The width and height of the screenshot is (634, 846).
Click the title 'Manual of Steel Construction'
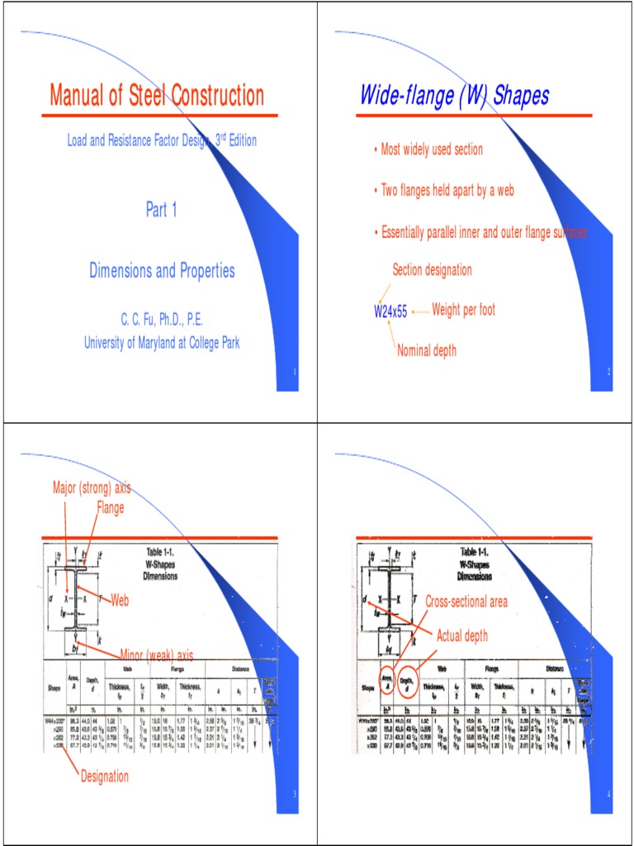[157, 96]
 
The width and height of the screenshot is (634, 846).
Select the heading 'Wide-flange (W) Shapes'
[454, 96]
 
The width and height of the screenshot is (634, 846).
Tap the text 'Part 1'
[162, 210]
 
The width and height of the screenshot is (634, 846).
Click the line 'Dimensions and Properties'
[162, 270]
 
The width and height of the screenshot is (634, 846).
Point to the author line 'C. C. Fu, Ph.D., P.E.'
[162, 319]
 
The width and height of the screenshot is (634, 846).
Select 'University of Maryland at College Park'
[162, 343]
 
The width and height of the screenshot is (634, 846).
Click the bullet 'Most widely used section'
[432, 150]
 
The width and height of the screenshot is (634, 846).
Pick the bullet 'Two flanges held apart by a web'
[447, 190]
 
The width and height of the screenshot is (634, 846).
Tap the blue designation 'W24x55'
[390, 312]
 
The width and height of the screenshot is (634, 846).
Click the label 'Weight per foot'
[463, 310]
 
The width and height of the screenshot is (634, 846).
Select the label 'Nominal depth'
[427, 350]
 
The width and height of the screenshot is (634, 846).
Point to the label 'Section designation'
[433, 269]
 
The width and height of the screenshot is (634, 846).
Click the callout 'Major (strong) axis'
[92, 487]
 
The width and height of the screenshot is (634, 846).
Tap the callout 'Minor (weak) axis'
[157, 655]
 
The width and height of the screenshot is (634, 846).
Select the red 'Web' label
[121, 601]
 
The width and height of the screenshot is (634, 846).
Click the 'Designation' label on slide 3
[105, 776]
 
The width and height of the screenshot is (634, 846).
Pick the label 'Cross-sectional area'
[467, 602]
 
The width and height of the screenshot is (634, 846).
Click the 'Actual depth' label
[462, 636]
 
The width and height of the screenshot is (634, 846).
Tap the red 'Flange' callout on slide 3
[111, 507]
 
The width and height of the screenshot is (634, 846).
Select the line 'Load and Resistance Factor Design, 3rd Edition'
[162, 140]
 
